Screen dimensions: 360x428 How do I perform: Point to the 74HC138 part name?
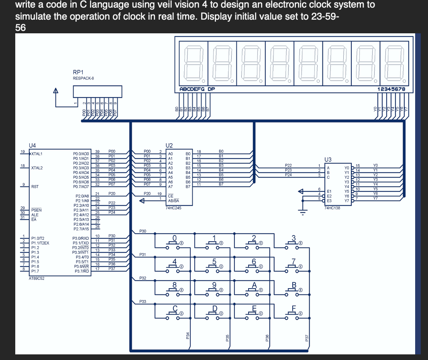332,208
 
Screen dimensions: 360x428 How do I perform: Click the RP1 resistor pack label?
78,72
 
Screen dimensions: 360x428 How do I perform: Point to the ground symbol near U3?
304,210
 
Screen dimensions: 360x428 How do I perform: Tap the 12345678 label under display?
391,89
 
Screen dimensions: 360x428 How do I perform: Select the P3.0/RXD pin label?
80,238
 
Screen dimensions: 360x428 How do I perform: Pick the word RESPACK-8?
84,78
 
